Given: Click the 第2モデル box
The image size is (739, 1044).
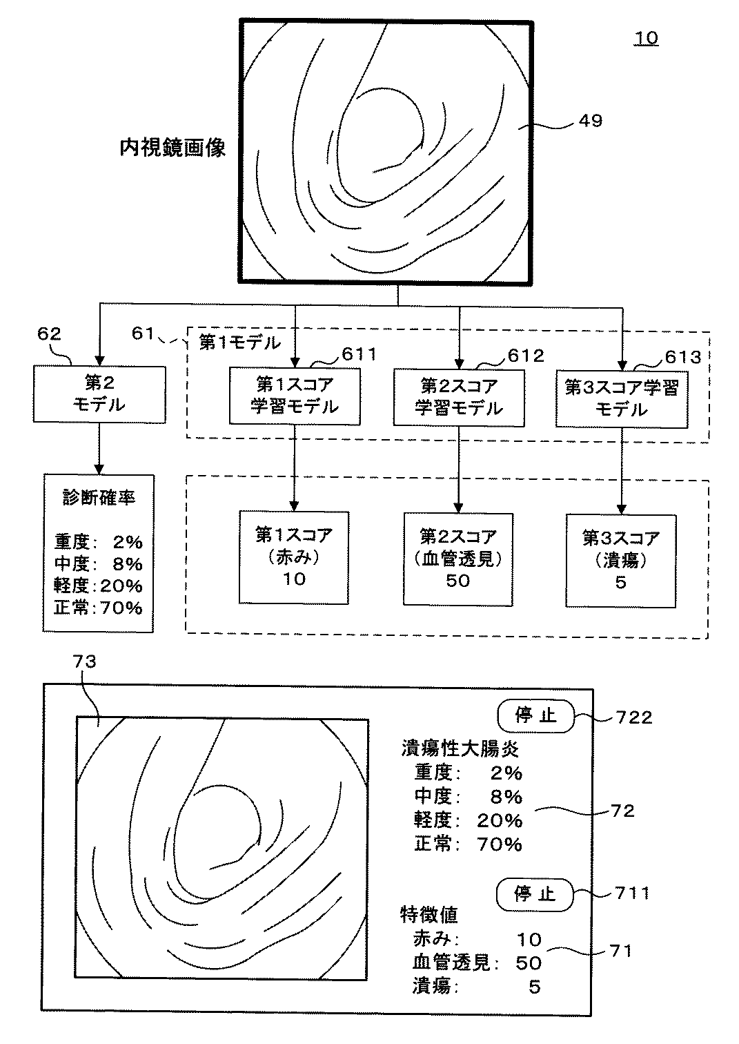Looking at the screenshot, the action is pos(99,394).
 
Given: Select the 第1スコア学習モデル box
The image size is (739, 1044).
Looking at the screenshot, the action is pos(295,396).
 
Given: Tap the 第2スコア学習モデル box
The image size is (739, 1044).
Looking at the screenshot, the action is pos(459,398).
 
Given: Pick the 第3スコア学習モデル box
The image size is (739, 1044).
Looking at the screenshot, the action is pos(622,399).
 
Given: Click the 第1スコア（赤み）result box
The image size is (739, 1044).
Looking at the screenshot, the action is pos(294,557).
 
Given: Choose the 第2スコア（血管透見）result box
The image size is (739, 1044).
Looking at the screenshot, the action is pos(458,559).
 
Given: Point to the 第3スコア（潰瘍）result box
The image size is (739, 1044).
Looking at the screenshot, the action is pos(621,561).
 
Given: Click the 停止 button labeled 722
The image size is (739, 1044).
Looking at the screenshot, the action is pos(536,715).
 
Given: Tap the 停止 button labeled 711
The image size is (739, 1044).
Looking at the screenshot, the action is pos(535,894).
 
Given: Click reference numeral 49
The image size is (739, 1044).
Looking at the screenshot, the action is pos(591,121).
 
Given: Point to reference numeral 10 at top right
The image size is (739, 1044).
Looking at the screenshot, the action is pos(646,38).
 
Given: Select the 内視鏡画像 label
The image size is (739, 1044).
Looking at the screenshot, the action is pos(173,147).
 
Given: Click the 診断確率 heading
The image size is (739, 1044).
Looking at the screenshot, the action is pos(99,498).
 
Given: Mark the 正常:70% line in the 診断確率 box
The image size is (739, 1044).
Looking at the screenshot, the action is pos(98,608).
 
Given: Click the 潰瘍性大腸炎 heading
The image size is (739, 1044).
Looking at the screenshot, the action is pos(460,749).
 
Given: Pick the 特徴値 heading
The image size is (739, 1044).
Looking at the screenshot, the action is pos(429,915).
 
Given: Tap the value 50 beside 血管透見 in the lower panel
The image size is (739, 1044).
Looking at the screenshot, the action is pos(529,963).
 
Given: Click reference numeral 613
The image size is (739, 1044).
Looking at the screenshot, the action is pos(682,358).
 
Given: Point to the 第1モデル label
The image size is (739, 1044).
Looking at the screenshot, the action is pos(240,342).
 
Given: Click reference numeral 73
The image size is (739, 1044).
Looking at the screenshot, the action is pos(85,661).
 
